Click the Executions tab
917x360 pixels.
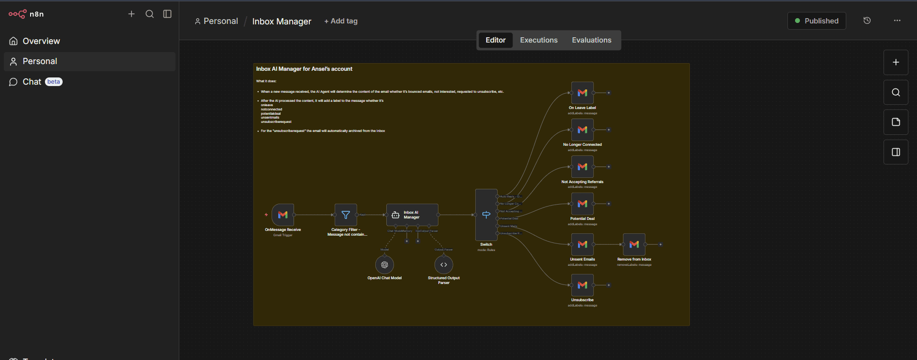point(539,40)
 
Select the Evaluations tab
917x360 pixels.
point(591,40)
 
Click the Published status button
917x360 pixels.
point(817,21)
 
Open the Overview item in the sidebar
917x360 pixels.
point(41,41)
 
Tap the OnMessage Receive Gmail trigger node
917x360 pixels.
point(283,215)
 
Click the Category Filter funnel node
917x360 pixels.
point(346,215)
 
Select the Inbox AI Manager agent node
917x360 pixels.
point(412,215)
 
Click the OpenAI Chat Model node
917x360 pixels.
point(384,265)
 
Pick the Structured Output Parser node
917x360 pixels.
point(444,265)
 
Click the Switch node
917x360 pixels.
point(486,215)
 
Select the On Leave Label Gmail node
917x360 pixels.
point(582,93)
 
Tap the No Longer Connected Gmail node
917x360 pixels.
point(582,130)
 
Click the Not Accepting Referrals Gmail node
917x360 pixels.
point(582,167)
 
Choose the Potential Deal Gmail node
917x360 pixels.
point(582,204)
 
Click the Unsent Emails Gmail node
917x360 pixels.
point(582,244)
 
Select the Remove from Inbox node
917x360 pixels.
point(634,244)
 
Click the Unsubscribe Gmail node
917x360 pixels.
point(582,285)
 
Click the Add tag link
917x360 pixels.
point(341,21)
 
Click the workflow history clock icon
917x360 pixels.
point(867,21)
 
